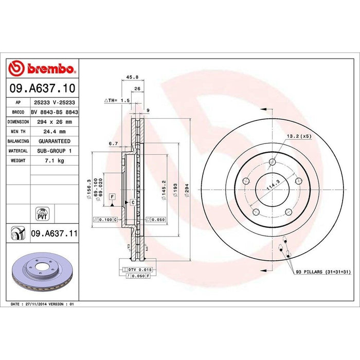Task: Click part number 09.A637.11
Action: pyautogui.click(x=54, y=233)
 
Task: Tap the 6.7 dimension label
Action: pyautogui.click(x=114, y=144)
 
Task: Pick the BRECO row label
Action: pyautogui.click(x=17, y=112)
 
